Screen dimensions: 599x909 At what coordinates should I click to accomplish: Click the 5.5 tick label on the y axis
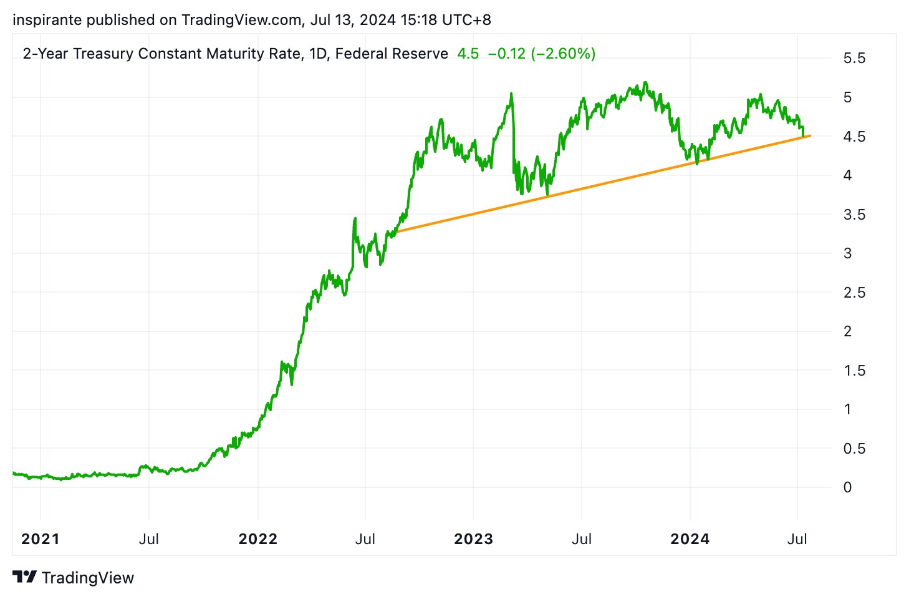(854, 59)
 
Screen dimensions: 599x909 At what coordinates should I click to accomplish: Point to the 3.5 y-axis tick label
(854, 215)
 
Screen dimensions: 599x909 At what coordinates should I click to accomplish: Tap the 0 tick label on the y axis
(847, 487)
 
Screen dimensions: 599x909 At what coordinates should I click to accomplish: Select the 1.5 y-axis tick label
(854, 371)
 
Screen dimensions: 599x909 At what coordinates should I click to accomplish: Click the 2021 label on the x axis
(41, 539)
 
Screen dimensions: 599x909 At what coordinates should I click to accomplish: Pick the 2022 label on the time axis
(257, 539)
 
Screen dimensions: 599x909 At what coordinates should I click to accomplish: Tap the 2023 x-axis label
(473, 539)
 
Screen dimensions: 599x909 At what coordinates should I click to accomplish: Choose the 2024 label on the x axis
(690, 539)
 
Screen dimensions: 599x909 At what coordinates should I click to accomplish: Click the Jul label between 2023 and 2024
(582, 539)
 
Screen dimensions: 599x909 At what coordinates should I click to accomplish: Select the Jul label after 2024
(797, 539)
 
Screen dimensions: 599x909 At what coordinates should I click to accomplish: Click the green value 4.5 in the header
(468, 54)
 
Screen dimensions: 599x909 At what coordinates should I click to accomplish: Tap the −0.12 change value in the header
(507, 54)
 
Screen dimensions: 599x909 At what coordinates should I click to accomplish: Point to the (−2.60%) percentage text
(563, 54)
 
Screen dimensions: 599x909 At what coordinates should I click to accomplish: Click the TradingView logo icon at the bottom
(25, 577)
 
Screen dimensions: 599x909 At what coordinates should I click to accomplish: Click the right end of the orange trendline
(810, 135)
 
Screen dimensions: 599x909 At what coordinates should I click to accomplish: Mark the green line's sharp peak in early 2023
(511, 94)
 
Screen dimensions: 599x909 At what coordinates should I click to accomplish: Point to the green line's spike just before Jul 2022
(355, 218)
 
